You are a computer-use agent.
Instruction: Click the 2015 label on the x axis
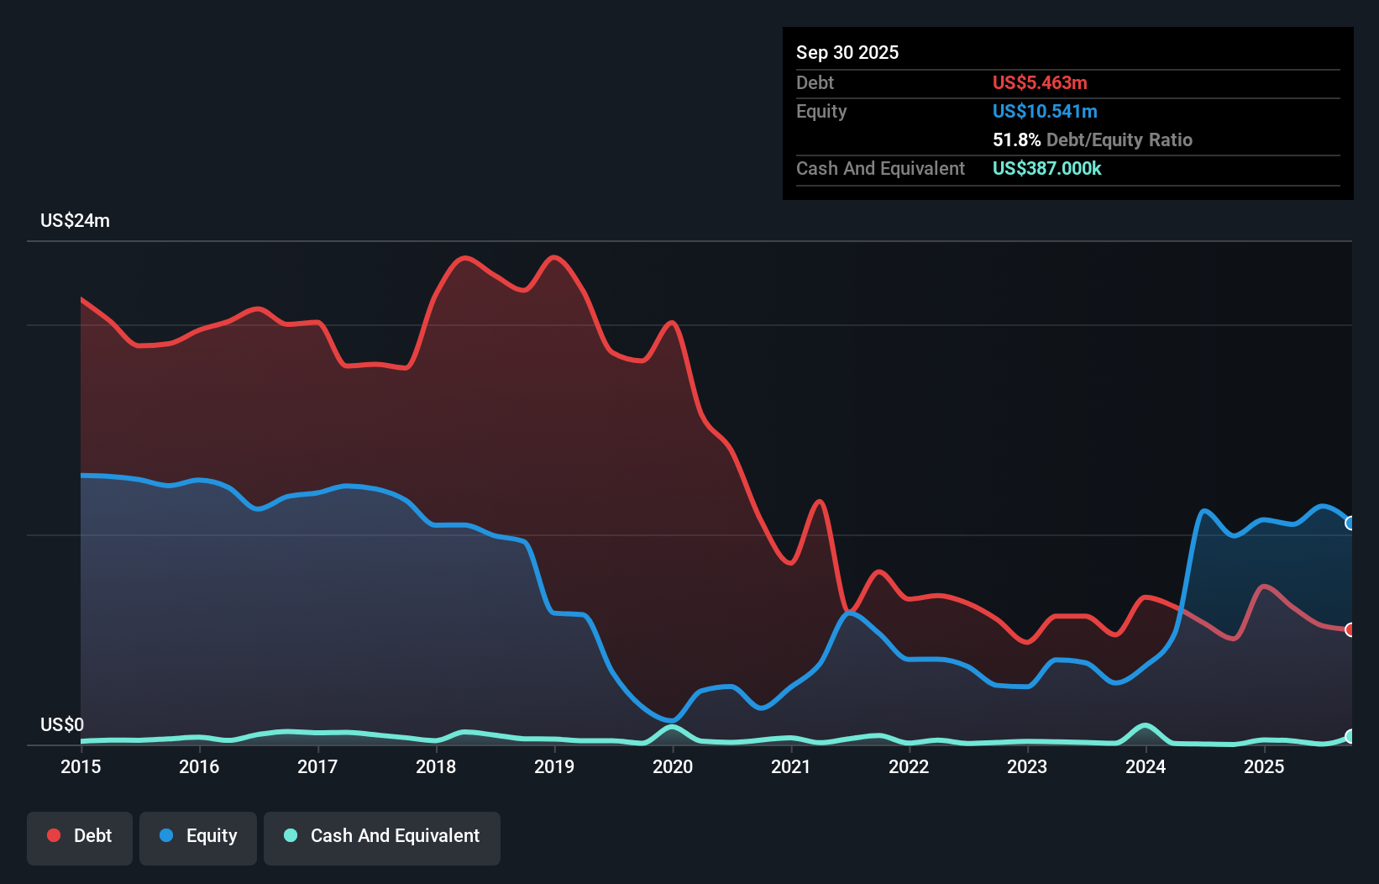81,766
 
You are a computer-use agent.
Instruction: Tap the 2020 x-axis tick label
673,766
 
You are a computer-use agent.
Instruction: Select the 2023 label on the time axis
1027,766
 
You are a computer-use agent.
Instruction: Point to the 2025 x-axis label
1264,766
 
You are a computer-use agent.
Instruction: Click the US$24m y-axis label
75,221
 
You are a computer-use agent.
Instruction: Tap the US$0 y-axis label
62,724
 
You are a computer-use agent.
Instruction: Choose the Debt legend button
80,836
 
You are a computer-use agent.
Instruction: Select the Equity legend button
198,836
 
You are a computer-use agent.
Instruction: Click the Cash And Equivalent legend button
382,836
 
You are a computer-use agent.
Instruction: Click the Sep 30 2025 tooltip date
847,53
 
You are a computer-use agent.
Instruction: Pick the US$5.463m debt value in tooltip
1039,83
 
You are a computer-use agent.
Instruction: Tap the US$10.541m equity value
1044,112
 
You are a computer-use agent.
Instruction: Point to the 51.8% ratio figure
1016,140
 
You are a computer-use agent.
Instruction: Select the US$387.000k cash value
1046,169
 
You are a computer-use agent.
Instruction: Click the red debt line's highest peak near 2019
553,257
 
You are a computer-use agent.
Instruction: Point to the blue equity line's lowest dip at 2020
672,720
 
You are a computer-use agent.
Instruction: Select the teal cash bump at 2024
1145,725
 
